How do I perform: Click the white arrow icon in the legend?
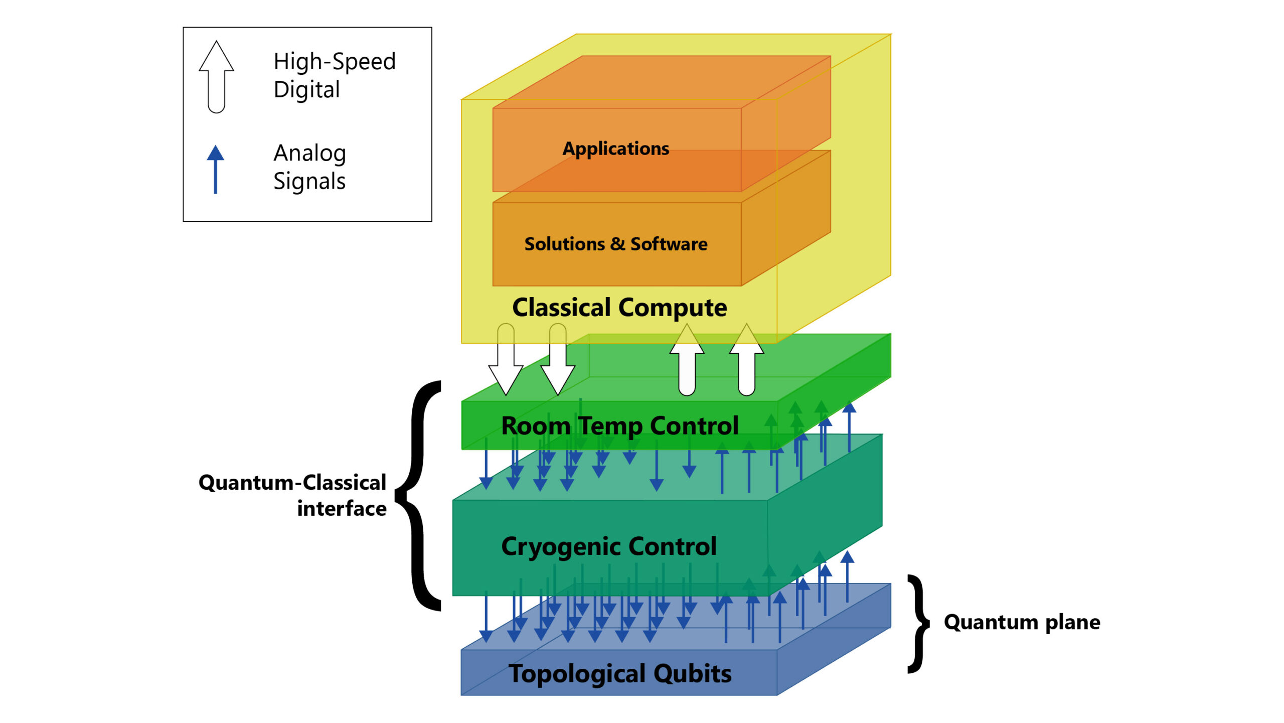tap(216, 76)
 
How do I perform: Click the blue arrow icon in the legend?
tap(215, 169)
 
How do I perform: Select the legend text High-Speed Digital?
tap(334, 75)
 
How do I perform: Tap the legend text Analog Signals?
tap(309, 167)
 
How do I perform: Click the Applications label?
tap(615, 149)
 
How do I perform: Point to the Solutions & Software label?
tap(615, 244)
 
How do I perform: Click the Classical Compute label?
tap(619, 307)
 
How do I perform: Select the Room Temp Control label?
tap(619, 425)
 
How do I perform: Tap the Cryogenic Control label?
tap(608, 546)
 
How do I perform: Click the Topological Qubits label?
tap(620, 673)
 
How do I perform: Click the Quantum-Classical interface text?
tap(292, 495)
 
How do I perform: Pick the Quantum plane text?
tap(1022, 622)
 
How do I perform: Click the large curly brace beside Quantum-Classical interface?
tap(419, 496)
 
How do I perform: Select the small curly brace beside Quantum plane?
tap(918, 623)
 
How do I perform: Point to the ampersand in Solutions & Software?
tap(617, 244)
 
